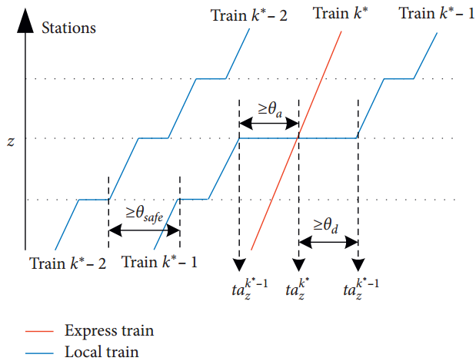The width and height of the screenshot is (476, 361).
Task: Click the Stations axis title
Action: coord(68,28)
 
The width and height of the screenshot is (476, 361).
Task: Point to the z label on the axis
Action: coord(11,142)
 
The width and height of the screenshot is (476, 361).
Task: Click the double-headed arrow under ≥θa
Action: coord(269,123)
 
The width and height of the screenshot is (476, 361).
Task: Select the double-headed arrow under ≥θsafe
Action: coord(144,229)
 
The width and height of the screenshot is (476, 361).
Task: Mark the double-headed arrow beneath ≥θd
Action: coord(328,241)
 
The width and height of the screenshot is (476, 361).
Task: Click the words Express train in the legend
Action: coord(109,332)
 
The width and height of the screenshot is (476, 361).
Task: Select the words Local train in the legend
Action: coord(102,352)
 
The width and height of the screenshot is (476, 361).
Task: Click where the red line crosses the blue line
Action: coord(298,138)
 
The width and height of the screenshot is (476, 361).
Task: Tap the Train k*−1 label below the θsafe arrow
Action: coord(159,263)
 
